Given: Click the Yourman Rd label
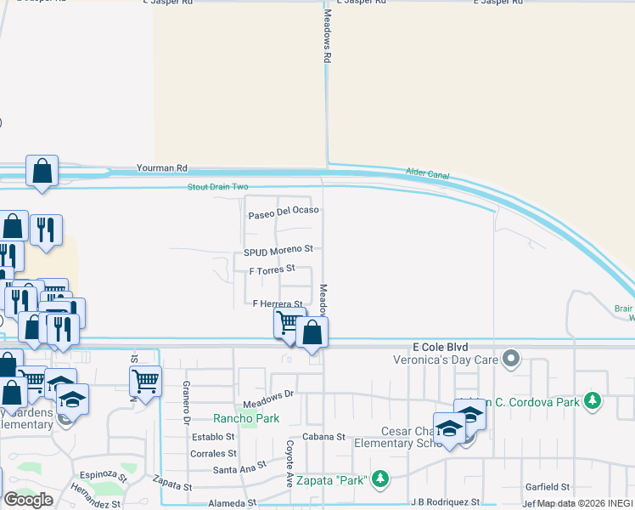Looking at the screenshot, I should (x=163, y=169).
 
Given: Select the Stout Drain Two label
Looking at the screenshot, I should (x=218, y=187).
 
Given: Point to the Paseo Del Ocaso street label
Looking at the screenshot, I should (x=283, y=211).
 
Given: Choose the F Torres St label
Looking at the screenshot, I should (x=272, y=269).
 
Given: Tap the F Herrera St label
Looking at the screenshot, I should (x=278, y=303).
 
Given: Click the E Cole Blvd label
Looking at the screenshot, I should (x=440, y=347).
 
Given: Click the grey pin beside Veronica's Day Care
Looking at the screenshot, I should (x=510, y=359).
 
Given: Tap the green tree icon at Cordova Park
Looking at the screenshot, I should (x=593, y=399).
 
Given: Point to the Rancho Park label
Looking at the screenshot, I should (x=245, y=418).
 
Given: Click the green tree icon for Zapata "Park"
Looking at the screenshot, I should (x=379, y=480).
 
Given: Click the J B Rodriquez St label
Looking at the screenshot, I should (x=445, y=502).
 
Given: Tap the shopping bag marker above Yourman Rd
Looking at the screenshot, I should (x=42, y=171).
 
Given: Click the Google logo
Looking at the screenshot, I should (x=28, y=500).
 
